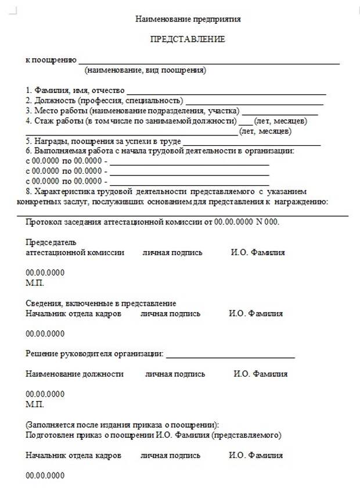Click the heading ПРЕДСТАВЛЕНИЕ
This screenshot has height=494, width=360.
click(x=188, y=40)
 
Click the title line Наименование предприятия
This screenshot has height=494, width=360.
click(x=188, y=19)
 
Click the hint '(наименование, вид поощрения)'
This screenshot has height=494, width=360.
click(x=145, y=70)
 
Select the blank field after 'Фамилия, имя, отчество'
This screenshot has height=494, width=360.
click(x=226, y=91)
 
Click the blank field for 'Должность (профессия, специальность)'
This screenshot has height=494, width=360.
click(x=254, y=101)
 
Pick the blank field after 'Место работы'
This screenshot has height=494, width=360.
click(x=280, y=111)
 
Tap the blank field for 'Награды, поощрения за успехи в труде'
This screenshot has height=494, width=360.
click(x=252, y=142)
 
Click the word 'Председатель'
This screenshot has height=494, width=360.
click(x=51, y=242)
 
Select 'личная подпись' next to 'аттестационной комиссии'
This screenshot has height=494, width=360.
click(x=172, y=253)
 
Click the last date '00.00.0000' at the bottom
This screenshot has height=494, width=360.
click(x=45, y=476)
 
